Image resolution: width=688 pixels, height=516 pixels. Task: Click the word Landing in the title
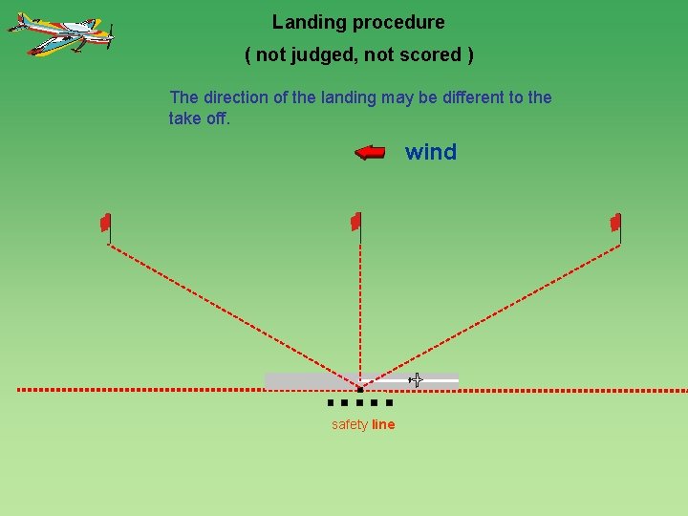304,22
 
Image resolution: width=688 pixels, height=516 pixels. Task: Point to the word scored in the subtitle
432,55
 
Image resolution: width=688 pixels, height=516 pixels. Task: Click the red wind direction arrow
370,153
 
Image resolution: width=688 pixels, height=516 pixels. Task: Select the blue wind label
431,152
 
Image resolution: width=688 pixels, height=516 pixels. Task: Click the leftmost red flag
106,223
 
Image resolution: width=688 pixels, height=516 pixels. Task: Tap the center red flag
355,222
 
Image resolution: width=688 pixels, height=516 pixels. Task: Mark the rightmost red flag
616,223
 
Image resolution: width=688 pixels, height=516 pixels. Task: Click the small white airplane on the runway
416,380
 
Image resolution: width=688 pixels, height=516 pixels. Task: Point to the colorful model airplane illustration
61,34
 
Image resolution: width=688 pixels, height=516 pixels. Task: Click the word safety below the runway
350,425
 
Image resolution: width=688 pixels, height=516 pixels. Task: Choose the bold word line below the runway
383,425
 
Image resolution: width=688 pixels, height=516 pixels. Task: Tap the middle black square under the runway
359,403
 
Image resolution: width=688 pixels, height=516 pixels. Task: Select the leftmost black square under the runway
330,403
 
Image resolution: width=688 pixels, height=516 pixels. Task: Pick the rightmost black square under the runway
389,403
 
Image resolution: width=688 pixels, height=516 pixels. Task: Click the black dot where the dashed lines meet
359,390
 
